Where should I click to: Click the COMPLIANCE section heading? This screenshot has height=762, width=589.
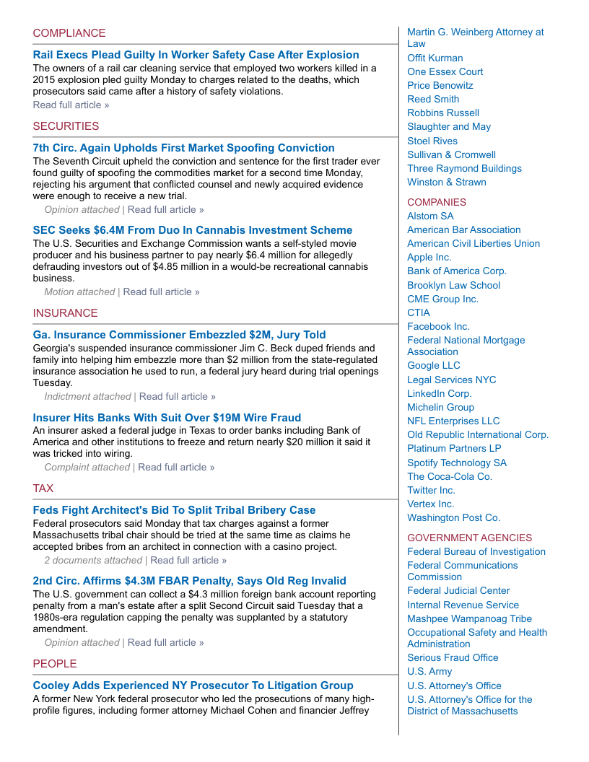[69, 33]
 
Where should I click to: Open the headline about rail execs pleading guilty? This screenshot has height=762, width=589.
[196, 55]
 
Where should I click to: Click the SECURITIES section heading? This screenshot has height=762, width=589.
[66, 126]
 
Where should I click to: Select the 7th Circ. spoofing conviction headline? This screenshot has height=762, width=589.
[183, 148]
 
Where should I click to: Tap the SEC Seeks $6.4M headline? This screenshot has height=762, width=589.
[193, 230]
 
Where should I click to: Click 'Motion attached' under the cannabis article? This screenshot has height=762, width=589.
[79, 292]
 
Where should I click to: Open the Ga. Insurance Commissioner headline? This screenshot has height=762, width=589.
[179, 335]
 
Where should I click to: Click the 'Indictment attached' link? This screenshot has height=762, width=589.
[87, 397]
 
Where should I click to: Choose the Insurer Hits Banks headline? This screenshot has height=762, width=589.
[167, 418]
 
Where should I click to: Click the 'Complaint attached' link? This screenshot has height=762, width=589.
[87, 468]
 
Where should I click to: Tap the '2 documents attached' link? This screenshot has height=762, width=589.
[93, 561]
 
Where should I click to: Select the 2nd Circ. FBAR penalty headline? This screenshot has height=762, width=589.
[189, 581]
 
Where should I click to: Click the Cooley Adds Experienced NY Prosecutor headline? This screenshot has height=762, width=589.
[193, 686]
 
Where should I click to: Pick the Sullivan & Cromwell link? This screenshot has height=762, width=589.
[451, 154]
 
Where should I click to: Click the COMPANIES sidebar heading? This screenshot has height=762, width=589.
[437, 203]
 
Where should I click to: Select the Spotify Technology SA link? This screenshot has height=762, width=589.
[457, 463]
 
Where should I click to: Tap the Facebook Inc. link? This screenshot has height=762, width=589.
[438, 327]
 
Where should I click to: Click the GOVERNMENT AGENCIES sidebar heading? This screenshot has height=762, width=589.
[469, 538]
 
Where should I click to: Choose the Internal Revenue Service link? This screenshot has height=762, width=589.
[463, 605]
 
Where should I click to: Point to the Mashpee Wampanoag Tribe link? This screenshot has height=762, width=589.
[469, 619]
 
